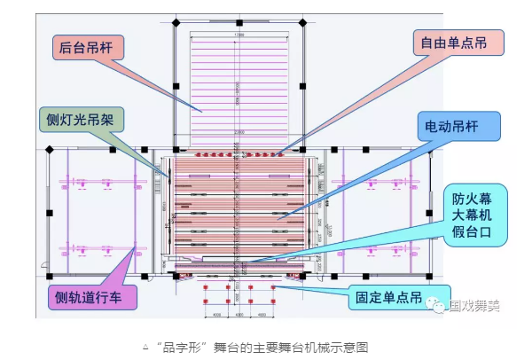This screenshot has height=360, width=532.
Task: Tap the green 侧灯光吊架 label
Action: pyautogui.click(x=82, y=118)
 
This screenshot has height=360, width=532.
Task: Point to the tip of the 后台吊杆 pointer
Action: pyautogui.click(x=202, y=110)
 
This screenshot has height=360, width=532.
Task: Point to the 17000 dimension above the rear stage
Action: pyautogui.click(x=239, y=35)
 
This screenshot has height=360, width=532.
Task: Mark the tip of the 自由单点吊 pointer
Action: pyautogui.click(x=279, y=155)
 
